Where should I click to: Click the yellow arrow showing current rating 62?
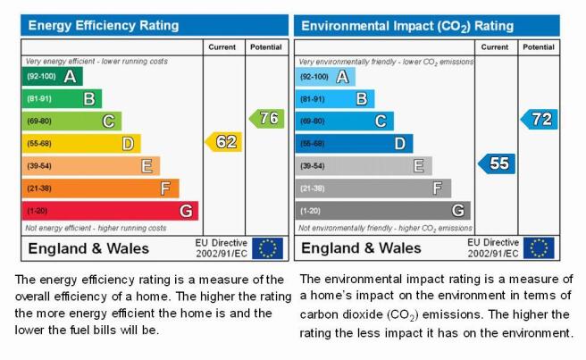pos(223,142)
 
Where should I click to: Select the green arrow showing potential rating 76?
pos(267,119)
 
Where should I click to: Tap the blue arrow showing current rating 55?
pos(497,163)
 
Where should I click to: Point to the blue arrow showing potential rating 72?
pos(539,119)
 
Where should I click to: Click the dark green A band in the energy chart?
pos(53,76)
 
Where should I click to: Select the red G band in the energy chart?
pos(110,211)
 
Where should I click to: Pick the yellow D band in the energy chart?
pos(81,144)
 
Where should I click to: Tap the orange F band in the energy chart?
pos(101,188)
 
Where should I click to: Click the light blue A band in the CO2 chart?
pos(325,77)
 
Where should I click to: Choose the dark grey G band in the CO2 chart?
pos(383,211)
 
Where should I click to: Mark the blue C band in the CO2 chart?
pos(345,121)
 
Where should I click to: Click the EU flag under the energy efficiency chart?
pos(268,248)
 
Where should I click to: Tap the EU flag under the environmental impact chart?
pos(539,247)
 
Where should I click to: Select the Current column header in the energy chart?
pos(222,47)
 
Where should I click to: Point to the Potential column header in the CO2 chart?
pos(539,47)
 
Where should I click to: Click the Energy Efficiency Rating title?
pos(104,25)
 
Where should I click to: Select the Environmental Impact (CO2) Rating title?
pos(407,26)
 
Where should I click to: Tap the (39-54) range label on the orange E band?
pos(39,166)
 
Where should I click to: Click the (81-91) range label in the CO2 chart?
pos(312,99)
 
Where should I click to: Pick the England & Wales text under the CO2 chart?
pos(361,248)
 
